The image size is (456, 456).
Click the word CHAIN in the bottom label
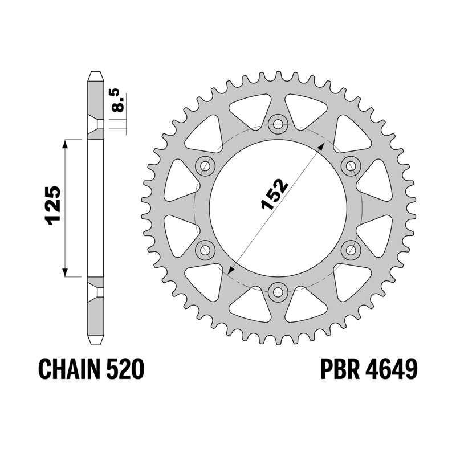pyautogui.click(x=70, y=369)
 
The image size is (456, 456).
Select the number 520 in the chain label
pyautogui.click(x=125, y=369)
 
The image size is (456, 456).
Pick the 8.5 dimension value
pyautogui.click(x=119, y=101)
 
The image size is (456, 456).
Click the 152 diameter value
pyautogui.click(x=275, y=194)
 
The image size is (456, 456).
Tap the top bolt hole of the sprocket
pyautogui.click(x=278, y=125)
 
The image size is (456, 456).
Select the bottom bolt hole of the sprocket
pyautogui.click(x=278, y=293)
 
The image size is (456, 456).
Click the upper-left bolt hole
pyautogui.click(x=205, y=166)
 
